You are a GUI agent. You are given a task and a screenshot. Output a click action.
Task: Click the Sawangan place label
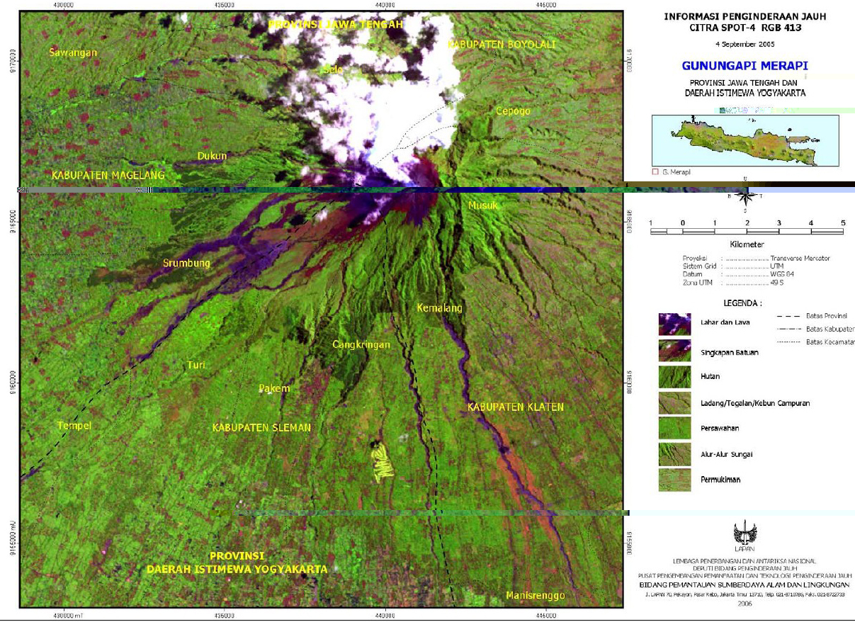point(73,52)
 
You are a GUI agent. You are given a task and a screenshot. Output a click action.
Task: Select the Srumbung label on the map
point(186,264)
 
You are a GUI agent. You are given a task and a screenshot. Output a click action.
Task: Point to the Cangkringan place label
point(361,345)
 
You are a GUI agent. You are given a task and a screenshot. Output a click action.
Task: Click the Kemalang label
point(438,308)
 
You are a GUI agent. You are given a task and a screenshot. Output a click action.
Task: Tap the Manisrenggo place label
point(535,596)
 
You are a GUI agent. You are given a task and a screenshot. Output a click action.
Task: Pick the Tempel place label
point(74,425)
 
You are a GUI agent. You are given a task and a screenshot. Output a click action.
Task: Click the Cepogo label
point(513,111)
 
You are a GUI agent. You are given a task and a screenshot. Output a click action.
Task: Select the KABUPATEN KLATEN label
point(515,407)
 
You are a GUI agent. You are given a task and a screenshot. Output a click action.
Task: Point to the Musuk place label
point(483,205)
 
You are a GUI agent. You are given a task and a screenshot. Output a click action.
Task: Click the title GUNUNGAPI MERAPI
point(744,66)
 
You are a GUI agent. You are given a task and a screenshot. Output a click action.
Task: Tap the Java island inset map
point(744,140)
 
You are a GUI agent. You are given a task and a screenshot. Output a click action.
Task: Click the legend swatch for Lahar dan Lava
point(674,324)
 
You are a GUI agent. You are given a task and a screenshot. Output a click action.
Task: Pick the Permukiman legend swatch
point(674,480)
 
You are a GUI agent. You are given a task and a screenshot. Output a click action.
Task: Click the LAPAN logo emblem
point(744,533)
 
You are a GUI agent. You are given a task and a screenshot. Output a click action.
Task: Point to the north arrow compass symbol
point(744,198)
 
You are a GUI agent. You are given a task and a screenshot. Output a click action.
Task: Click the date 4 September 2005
point(744,43)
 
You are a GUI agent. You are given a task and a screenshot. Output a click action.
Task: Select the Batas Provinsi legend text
point(826,315)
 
